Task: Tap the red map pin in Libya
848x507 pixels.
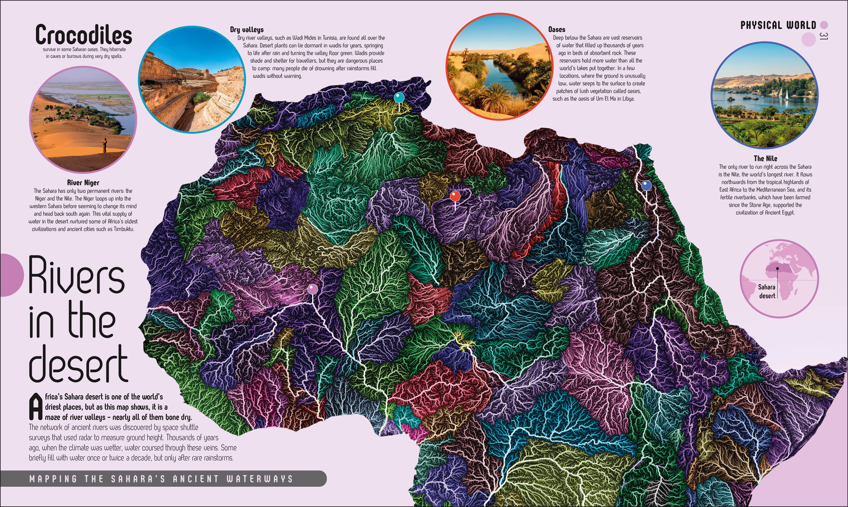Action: point(455,196)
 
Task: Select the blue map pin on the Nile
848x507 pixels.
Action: point(646,186)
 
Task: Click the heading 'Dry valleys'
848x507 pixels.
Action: point(246,30)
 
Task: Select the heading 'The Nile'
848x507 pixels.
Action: point(765,159)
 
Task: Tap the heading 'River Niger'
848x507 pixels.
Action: point(83,183)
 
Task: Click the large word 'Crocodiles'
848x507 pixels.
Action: point(83,35)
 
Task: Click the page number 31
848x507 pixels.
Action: point(823,36)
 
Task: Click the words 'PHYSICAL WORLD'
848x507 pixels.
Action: point(778,25)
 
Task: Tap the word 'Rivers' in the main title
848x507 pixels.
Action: point(76,276)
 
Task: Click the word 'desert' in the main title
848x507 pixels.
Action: point(79,364)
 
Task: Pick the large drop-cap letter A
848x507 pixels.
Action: point(36,407)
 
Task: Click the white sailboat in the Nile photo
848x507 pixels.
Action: point(786,94)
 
